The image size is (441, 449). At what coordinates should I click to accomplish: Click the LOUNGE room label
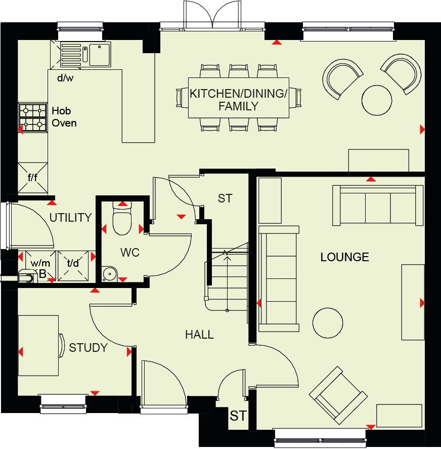344,257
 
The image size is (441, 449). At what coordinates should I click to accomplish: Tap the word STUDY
88,348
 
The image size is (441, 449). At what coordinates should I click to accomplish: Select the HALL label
199,335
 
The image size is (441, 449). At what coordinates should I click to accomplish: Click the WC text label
130,253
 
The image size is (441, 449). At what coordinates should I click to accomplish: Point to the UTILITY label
70,218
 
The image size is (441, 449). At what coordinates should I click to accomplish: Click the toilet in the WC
122,218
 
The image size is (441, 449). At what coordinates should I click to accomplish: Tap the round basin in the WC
110,274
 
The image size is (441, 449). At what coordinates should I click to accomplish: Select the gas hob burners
33,117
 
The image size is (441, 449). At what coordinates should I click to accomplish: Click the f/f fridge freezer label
32,178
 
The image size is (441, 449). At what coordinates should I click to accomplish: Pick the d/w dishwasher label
65,78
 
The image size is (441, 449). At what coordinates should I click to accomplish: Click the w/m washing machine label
40,263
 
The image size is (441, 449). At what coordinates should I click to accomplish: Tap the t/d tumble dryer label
73,263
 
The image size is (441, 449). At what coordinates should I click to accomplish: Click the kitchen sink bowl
100,55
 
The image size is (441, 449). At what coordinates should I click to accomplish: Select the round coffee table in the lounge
328,323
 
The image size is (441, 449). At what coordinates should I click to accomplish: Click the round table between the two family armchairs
377,100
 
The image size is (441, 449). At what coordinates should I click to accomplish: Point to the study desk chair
62,345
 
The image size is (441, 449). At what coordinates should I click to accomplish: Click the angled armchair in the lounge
338,395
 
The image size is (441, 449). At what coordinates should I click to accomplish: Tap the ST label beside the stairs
225,198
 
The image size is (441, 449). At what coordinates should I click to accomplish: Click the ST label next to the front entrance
238,416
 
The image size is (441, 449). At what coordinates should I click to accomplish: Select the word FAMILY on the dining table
238,106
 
